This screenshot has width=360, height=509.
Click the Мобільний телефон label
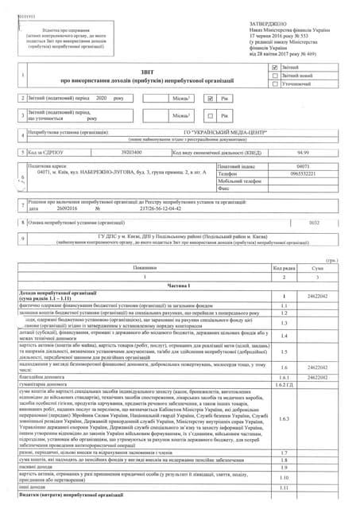tap(242, 203)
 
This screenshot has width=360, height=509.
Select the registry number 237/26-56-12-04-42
tap(160, 231)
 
